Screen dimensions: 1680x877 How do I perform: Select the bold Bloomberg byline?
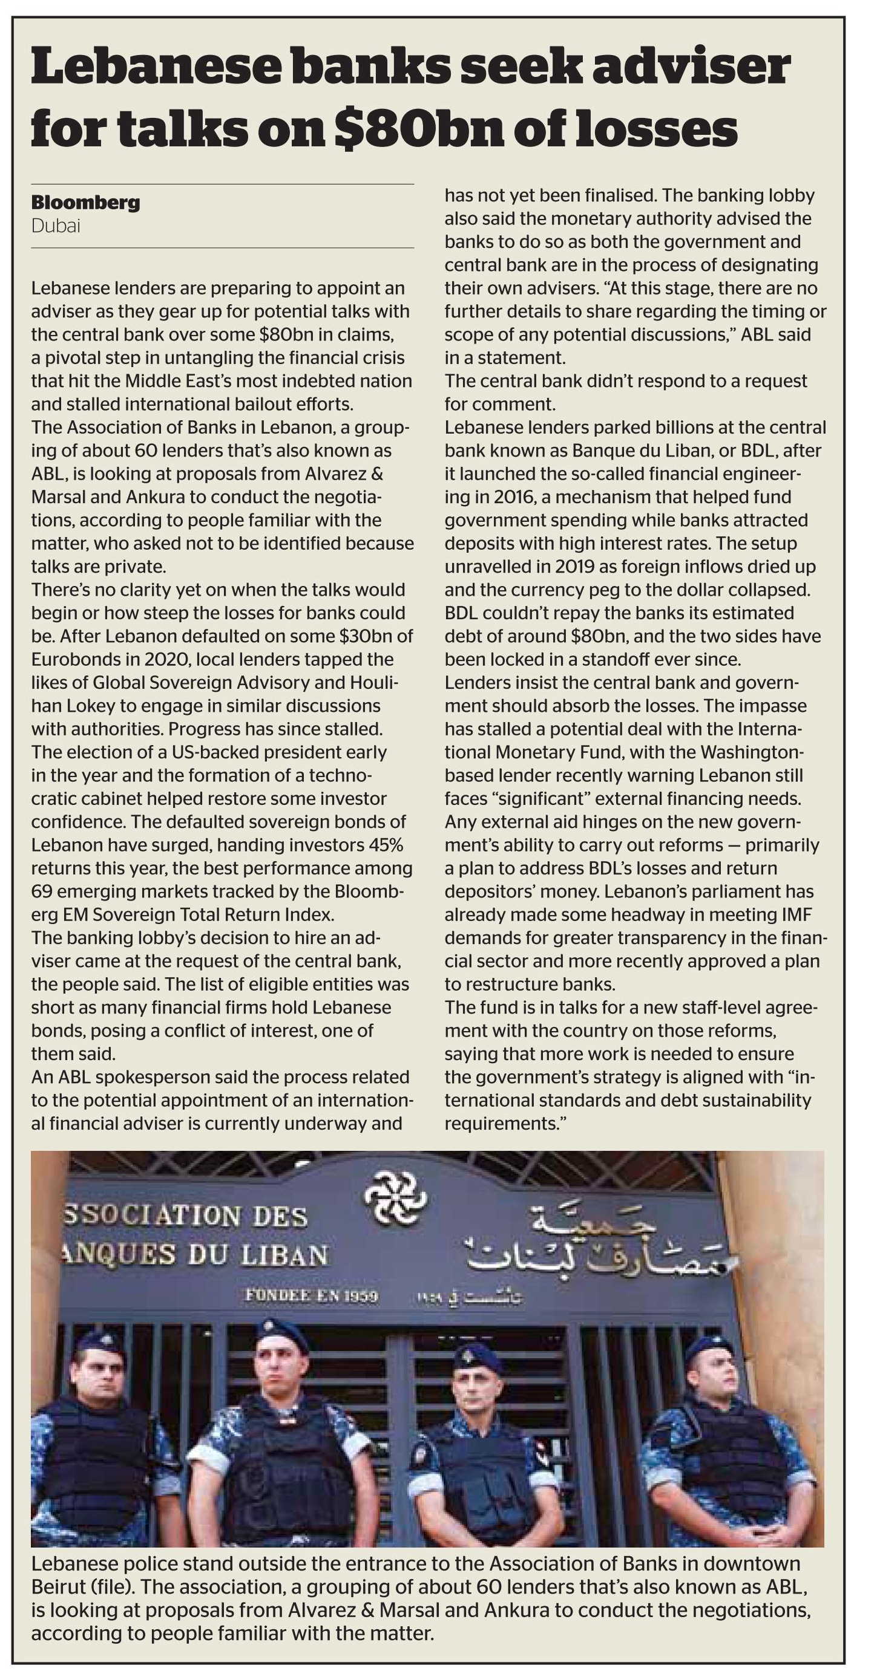(85, 203)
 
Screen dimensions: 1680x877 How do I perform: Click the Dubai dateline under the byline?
(56, 226)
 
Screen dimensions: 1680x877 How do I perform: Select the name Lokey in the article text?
(91, 706)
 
